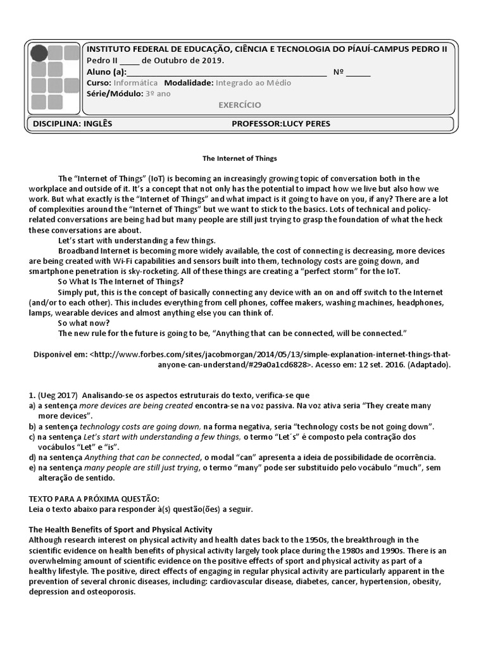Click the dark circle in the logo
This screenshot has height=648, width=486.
point(39,53)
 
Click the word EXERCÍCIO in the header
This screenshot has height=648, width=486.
point(239,105)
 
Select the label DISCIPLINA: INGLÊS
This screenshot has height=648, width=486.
point(72,124)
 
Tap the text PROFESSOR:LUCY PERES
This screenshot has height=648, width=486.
point(281,124)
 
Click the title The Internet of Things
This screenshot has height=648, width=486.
point(239,159)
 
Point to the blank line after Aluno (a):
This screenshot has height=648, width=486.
point(226,72)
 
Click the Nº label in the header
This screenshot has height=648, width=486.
point(338,72)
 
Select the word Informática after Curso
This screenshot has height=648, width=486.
point(135,83)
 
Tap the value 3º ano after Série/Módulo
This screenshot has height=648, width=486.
point(158,94)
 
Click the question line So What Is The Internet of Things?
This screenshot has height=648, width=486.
point(121,282)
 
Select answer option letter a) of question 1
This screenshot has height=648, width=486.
point(32,406)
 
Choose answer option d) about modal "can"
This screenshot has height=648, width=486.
point(32,457)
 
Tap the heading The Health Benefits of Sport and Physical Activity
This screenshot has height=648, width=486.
point(121,530)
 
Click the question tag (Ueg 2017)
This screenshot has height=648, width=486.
point(59,395)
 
